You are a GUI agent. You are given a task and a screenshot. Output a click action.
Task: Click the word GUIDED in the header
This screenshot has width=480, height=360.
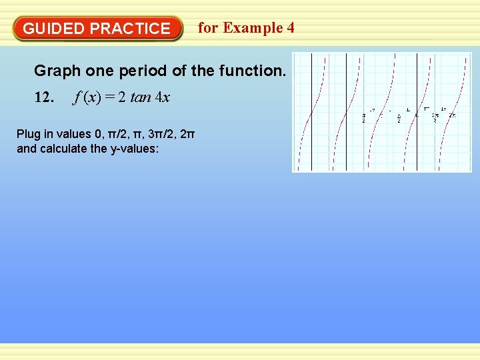(x=53, y=29)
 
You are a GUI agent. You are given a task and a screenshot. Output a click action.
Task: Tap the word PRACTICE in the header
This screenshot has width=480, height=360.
(x=130, y=29)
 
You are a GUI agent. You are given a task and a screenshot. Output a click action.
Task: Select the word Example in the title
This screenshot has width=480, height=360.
(x=253, y=28)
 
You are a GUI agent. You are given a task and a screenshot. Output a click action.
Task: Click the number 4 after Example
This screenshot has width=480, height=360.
(x=290, y=28)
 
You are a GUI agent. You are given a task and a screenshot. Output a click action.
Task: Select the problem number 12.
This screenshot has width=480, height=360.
(x=43, y=97)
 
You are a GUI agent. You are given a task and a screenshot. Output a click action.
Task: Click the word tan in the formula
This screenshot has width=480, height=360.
(x=141, y=97)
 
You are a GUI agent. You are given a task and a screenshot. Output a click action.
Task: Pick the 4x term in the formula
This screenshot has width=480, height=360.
(x=163, y=97)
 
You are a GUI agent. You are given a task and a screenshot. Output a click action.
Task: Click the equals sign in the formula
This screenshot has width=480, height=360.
(x=111, y=97)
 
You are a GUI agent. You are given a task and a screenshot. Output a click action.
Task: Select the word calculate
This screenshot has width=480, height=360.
(x=63, y=148)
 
